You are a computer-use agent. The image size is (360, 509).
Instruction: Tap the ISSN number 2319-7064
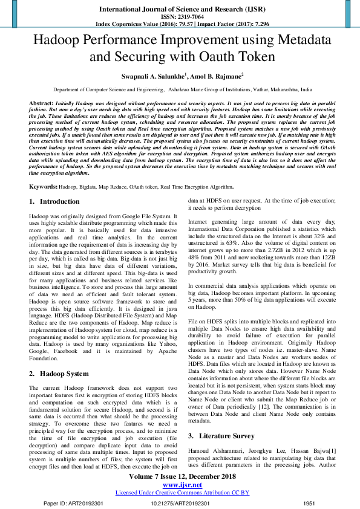189,18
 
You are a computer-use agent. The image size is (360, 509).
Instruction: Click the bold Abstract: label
41,104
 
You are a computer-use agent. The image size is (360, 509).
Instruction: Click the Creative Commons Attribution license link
182,492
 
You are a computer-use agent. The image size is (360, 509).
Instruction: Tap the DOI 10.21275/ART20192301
182,503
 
